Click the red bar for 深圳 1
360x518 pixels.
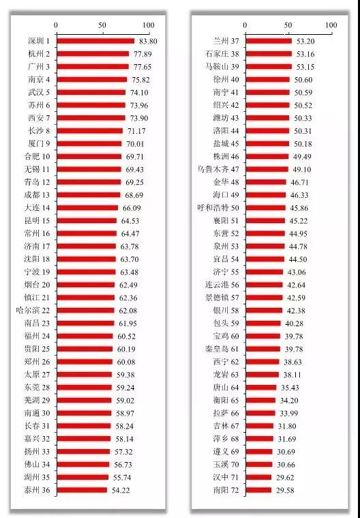click(x=95, y=41)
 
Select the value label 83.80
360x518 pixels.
click(x=148, y=42)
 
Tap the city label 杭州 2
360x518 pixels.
click(x=39, y=54)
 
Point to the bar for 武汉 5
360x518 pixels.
click(x=91, y=93)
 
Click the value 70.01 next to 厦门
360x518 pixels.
click(x=135, y=144)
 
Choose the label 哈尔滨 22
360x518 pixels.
click(x=33, y=311)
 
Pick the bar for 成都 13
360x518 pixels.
click(x=89, y=195)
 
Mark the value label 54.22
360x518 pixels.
click(x=121, y=490)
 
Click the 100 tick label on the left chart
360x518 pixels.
click(x=149, y=25)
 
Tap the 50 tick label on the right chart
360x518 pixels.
click(x=288, y=25)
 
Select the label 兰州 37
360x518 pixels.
click(x=226, y=42)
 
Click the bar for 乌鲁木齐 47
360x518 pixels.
click(x=267, y=169)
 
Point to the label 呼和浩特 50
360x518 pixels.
click(x=218, y=208)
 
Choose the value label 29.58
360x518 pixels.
click(x=285, y=490)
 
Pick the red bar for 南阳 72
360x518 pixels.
click(x=258, y=490)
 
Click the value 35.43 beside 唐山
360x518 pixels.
click(x=290, y=388)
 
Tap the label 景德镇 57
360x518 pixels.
click(x=222, y=298)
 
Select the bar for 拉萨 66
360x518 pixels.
click(x=260, y=413)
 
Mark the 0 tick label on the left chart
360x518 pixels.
click(x=56, y=25)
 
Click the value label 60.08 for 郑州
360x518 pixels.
click(x=126, y=362)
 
